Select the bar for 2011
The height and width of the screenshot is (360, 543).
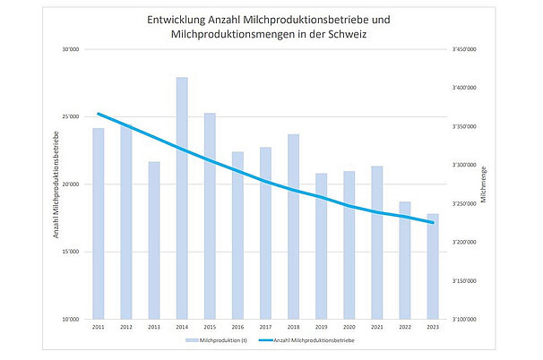click(x=99, y=224)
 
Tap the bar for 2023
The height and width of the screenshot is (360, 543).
click(x=433, y=269)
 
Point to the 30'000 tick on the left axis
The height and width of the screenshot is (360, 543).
click(x=71, y=49)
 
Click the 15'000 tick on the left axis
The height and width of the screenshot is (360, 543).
click(x=71, y=252)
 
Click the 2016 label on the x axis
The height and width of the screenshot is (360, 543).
click(x=237, y=328)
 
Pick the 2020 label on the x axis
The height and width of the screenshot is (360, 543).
click(x=349, y=328)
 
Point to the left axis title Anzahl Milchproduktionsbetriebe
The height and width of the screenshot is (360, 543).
click(x=56, y=184)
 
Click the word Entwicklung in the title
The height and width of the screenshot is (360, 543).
click(x=177, y=19)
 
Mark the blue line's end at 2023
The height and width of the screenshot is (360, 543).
click(x=433, y=222)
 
